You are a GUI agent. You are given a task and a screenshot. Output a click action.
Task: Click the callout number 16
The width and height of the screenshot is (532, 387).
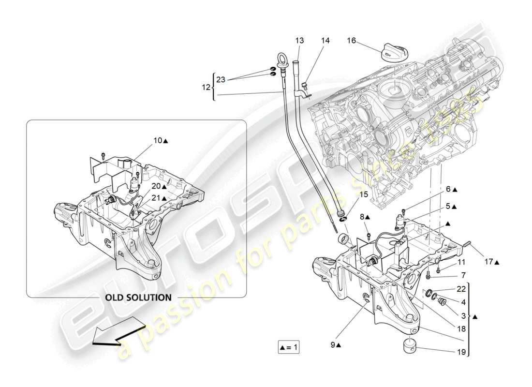click(x=351, y=41)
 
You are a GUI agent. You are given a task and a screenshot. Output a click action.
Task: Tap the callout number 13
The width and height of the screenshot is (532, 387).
click(x=300, y=41)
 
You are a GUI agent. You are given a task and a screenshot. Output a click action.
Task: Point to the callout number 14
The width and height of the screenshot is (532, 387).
click(x=325, y=41)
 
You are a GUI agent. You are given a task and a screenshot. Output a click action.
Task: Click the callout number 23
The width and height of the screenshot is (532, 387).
click(x=221, y=80)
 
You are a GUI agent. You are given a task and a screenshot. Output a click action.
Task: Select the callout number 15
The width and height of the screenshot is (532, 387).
click(x=364, y=194)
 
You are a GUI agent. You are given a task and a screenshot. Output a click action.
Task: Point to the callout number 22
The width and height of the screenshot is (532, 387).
click(x=460, y=289)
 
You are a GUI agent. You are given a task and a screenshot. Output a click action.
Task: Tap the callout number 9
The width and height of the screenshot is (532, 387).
click(x=333, y=345)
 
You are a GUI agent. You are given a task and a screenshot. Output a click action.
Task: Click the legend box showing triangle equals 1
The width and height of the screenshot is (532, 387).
click(x=289, y=346)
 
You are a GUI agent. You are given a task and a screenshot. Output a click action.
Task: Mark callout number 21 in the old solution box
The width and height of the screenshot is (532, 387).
click(x=158, y=198)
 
